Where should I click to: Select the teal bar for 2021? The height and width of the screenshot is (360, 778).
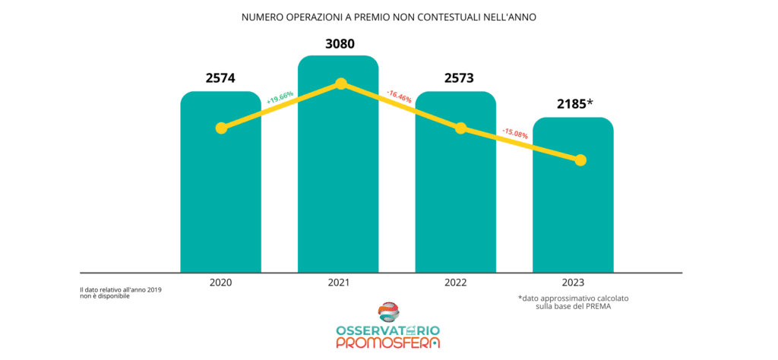coord(338,190)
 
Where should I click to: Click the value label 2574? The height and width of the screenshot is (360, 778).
coord(220,77)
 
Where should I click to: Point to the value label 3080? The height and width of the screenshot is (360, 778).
coord(340,43)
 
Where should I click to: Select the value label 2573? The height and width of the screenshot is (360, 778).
coord(456,77)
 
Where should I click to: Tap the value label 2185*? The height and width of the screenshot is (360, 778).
coord(574,103)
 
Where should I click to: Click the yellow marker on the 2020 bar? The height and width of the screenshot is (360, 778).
coord(221,128)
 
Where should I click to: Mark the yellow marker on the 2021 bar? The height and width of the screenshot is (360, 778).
coord(341,83)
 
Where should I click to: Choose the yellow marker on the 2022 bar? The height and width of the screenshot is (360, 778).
coord(460,128)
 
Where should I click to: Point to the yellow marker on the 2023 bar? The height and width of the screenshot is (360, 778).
coord(580,159)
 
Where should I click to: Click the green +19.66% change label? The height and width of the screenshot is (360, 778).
coord(280,98)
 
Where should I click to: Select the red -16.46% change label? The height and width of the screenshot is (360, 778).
coord(399,96)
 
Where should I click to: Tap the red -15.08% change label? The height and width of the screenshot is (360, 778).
coord(515,134)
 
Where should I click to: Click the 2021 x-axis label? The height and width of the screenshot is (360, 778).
coord(338,283)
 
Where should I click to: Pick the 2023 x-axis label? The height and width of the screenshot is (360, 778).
coord(573,283)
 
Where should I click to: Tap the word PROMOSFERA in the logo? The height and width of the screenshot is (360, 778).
coord(387,343)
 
